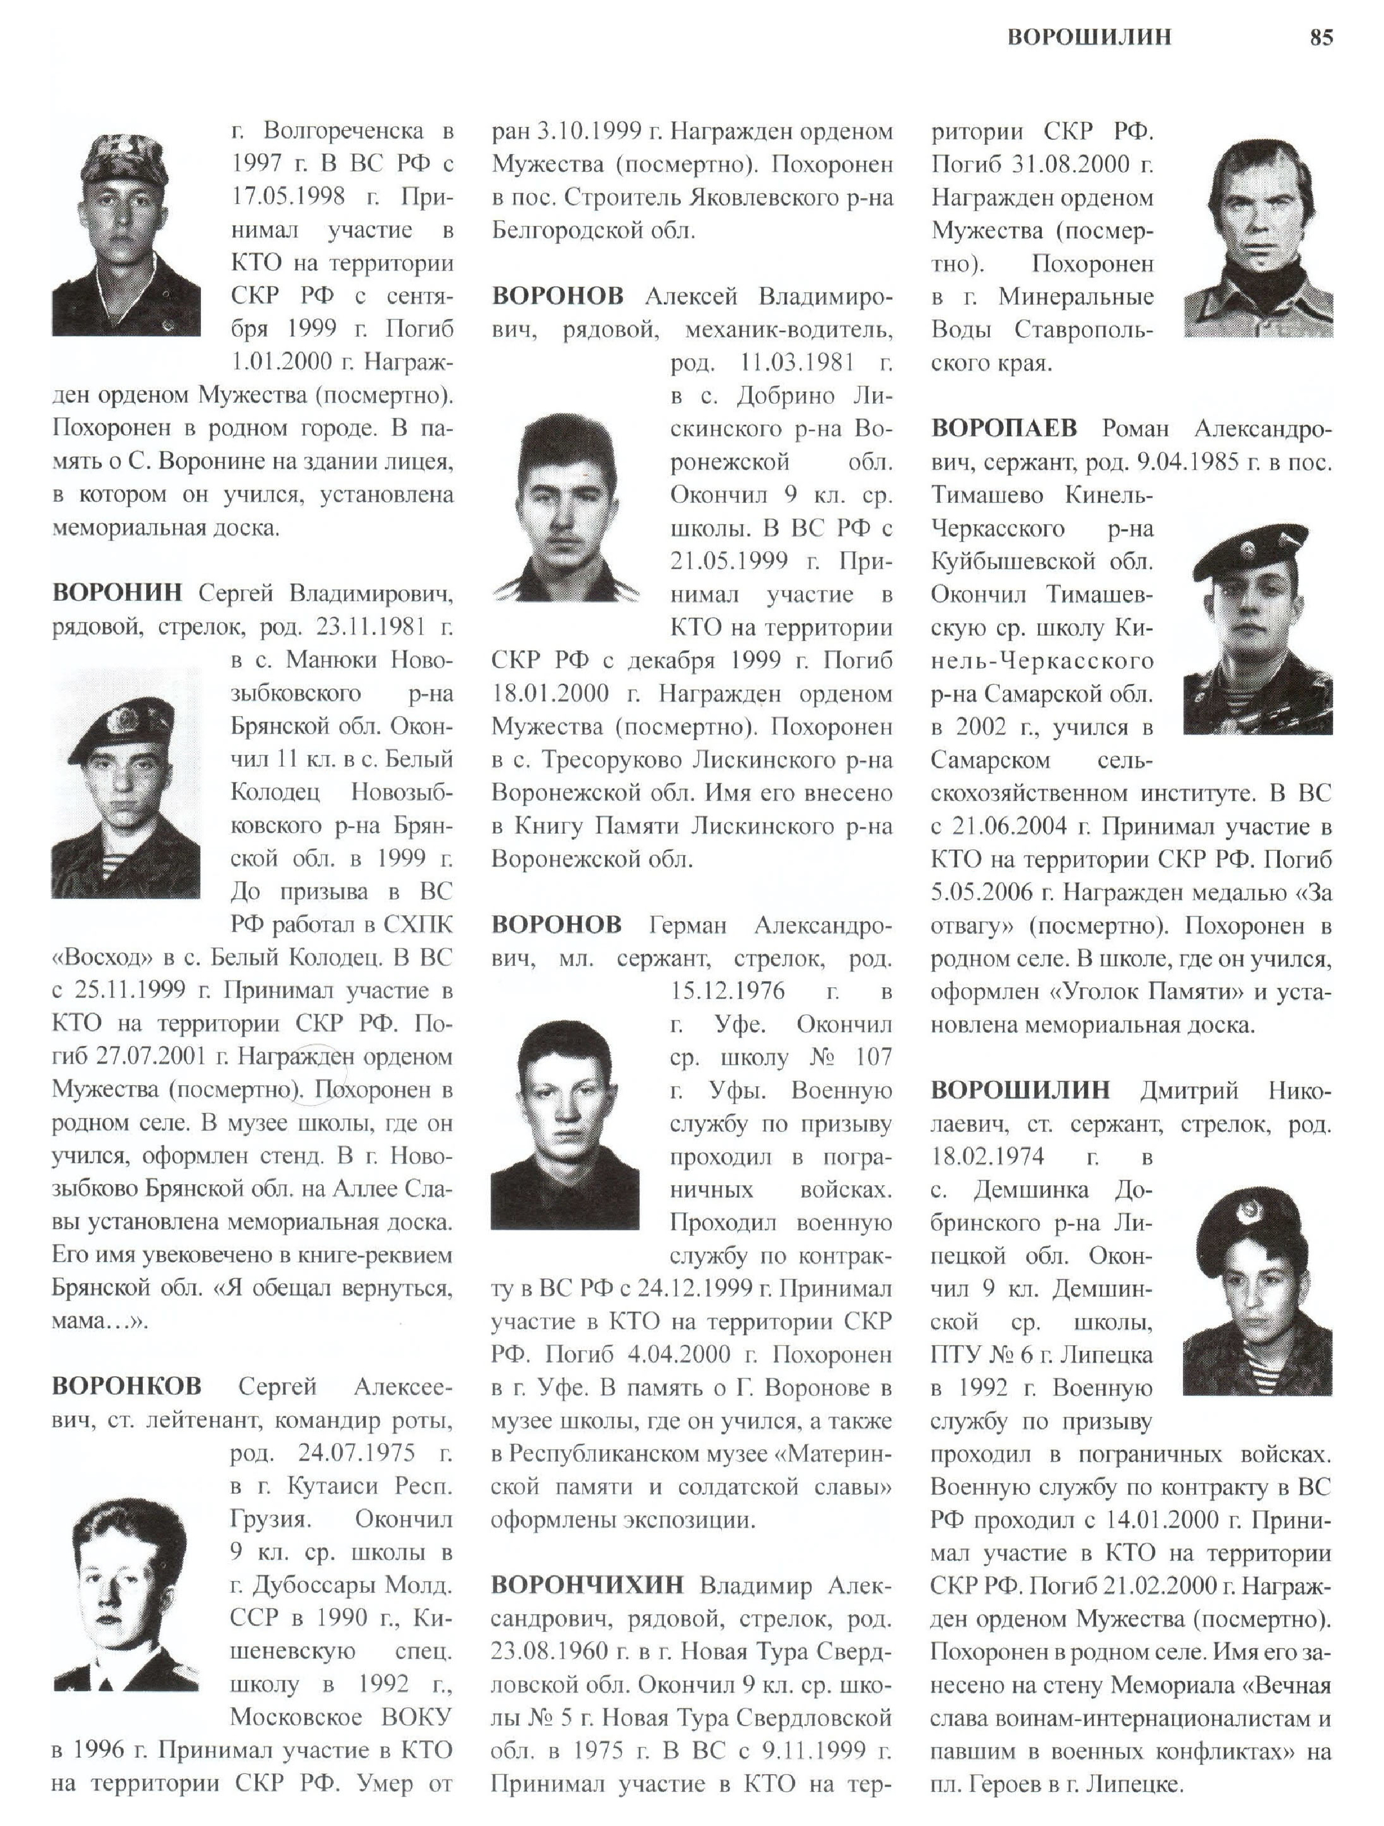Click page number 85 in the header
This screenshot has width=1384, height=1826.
1320,37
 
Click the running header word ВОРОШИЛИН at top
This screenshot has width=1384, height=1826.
1088,37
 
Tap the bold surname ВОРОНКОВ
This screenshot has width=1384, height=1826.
126,1386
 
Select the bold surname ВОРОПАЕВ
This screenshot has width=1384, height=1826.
1004,428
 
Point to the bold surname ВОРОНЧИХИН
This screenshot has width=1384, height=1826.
587,1584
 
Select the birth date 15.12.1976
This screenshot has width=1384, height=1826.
727,990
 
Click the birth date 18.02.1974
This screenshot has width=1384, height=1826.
988,1156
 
